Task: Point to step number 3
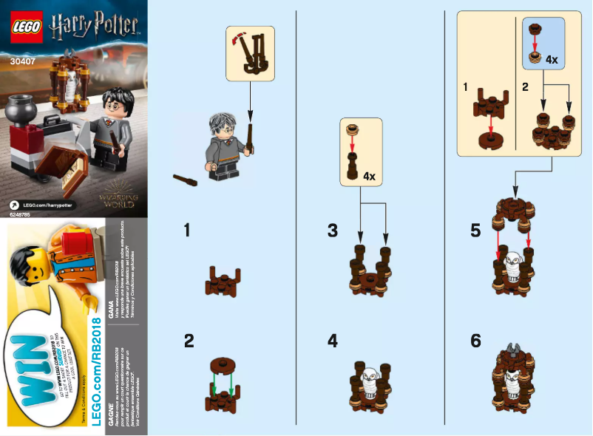tap(333, 231)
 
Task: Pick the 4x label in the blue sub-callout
tap(552, 59)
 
